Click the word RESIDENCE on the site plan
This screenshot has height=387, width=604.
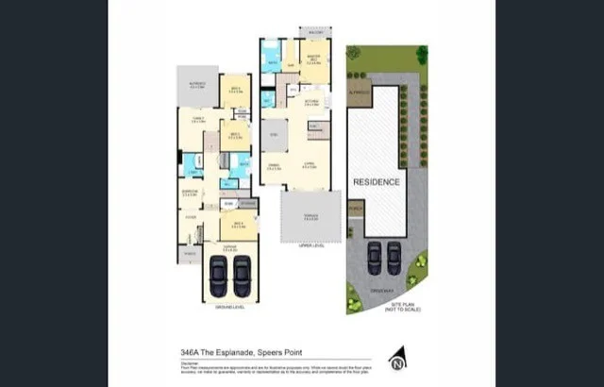coord(376,181)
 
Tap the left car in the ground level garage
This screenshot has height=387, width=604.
coord(219,276)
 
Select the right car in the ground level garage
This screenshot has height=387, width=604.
coord(242,276)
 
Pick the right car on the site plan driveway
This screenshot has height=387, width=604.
coord(394,257)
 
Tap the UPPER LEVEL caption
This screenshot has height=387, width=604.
coord(311,244)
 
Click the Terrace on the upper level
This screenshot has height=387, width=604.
coord(310,216)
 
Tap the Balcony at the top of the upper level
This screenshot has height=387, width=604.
coord(314,32)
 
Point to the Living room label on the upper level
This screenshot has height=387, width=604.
coord(310,165)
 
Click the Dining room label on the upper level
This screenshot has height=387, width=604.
coord(274,167)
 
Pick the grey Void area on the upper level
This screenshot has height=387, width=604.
coord(276,135)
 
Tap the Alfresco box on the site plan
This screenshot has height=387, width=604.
coord(360,93)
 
